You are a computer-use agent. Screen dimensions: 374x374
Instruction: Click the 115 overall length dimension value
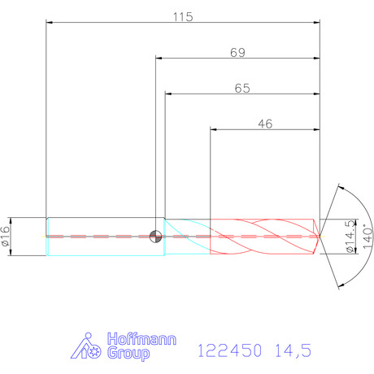point(183,17)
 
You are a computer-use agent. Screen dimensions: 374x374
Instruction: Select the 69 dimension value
point(237,53)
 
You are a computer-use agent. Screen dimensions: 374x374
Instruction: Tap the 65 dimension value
point(242,89)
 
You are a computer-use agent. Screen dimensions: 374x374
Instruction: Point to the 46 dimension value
point(265,124)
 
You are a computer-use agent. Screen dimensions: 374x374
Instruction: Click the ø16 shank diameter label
point(6,237)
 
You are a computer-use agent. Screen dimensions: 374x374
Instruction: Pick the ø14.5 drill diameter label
point(350,237)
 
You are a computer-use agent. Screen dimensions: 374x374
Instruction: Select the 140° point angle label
point(367,237)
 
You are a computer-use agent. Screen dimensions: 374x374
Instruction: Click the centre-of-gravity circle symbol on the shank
point(155,237)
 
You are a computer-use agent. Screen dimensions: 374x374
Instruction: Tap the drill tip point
point(320,237)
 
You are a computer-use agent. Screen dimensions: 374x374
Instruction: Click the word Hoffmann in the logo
point(141,339)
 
